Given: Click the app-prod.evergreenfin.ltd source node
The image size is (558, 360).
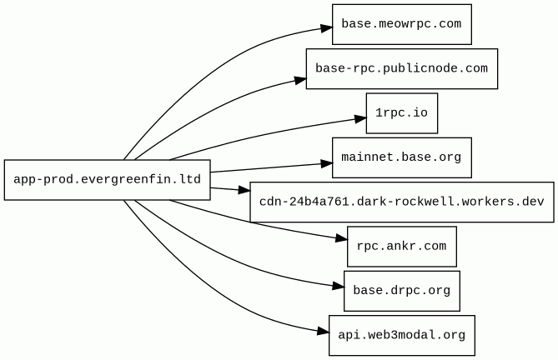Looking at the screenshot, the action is (107, 180).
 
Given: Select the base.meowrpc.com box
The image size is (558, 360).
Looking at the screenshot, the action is (402, 24).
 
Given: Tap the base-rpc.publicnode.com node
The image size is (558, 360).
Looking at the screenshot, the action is (402, 69).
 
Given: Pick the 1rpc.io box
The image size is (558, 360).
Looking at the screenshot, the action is (402, 113).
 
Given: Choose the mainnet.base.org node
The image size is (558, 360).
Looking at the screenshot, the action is (402, 157).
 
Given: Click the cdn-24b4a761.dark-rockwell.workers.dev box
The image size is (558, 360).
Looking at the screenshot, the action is (402, 202).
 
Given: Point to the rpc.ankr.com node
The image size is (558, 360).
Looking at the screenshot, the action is (402, 247).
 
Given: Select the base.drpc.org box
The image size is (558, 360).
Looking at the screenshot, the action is (402, 291).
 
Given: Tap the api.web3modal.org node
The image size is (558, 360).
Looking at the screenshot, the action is (402, 336).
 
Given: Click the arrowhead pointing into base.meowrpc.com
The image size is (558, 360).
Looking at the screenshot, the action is (326, 28).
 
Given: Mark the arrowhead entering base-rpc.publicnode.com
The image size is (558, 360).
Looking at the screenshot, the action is (300, 81).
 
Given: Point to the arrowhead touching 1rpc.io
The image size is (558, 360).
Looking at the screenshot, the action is (360, 119).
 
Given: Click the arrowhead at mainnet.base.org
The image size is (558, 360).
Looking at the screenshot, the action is (326, 163).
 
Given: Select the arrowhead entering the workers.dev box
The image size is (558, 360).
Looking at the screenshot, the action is (244, 190).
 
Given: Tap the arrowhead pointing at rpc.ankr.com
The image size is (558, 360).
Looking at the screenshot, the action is (342, 239).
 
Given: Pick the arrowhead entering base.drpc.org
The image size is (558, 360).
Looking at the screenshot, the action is (338, 286).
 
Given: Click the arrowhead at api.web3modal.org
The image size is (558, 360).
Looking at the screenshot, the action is (323, 332).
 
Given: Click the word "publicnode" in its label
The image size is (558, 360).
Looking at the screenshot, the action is (420, 68).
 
